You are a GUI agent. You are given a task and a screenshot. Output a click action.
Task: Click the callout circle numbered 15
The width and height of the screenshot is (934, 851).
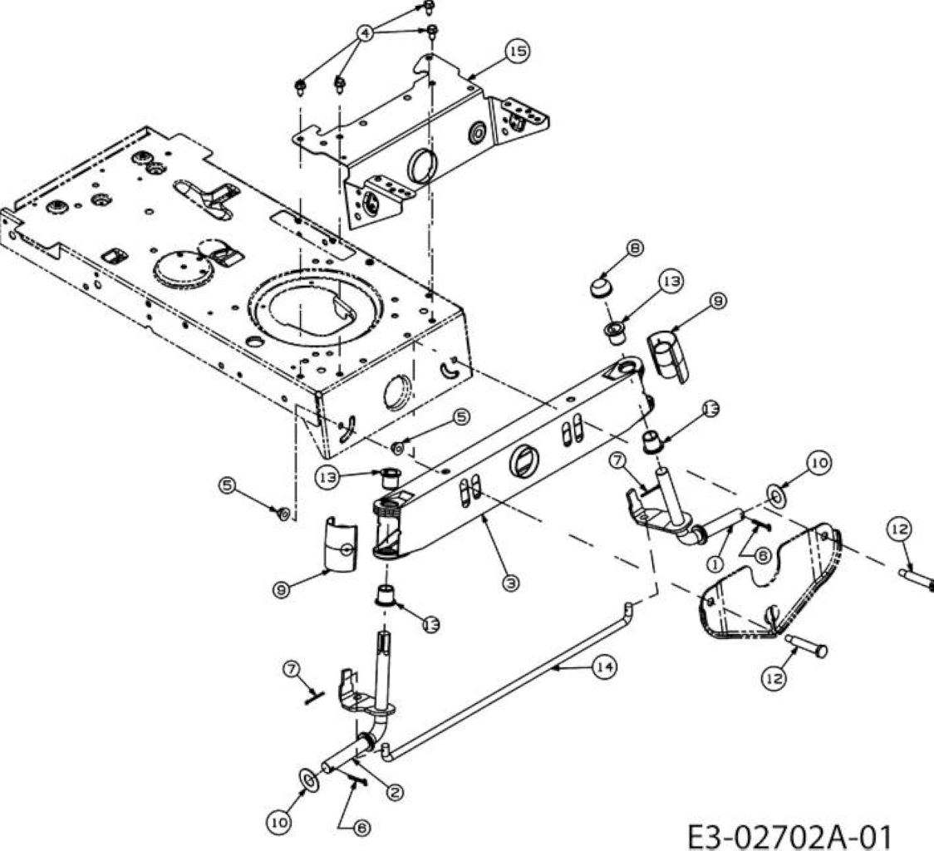(x=518, y=51)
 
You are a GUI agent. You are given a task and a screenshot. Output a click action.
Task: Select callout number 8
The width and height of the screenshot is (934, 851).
(x=636, y=248)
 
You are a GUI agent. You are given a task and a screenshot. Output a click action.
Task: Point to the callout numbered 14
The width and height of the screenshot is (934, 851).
(x=604, y=667)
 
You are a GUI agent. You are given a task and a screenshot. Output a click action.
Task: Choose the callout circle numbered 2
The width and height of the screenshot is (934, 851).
(x=395, y=792)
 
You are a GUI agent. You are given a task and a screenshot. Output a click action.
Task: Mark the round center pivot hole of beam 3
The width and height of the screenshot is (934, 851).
(x=524, y=460)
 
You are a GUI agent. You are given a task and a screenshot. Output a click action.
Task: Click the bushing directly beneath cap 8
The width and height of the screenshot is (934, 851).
(x=615, y=332)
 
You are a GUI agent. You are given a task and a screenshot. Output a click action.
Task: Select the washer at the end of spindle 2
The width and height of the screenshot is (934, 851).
(x=308, y=780)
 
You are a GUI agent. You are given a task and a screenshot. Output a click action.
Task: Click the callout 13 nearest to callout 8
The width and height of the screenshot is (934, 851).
(x=671, y=281)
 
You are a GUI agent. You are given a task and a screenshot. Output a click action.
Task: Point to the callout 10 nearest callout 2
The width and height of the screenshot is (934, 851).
(x=278, y=823)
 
